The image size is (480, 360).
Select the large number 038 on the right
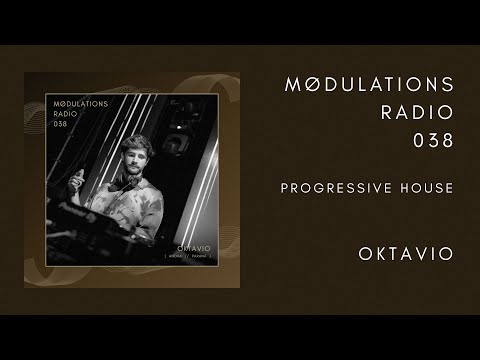click(x=434, y=141)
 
